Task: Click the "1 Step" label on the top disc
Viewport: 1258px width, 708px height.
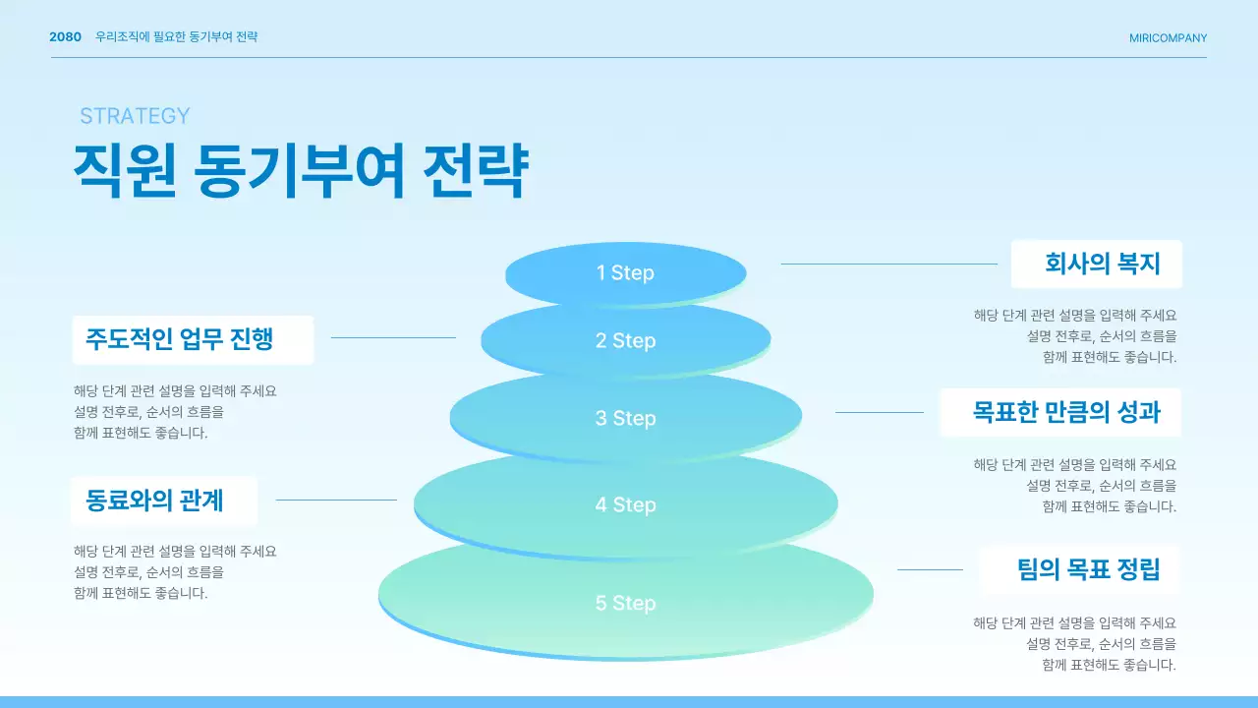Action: [x=625, y=272]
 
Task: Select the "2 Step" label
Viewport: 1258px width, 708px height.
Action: [x=625, y=340]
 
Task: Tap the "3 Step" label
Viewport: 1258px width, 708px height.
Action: [x=625, y=418]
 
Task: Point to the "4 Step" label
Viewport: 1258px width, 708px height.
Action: [x=625, y=504]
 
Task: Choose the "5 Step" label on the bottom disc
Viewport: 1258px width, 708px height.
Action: [x=625, y=603]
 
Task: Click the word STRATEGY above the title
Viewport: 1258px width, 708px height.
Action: [x=135, y=116]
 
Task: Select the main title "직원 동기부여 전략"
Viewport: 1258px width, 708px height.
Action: [x=301, y=171]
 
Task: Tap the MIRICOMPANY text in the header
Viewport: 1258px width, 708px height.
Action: [x=1168, y=38]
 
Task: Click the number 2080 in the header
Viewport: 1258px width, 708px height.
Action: [x=66, y=37]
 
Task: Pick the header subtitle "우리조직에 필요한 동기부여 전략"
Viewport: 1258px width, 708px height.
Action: [x=177, y=37]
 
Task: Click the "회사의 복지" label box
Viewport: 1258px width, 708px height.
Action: [x=1097, y=264]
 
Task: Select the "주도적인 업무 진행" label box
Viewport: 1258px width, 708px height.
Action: [x=193, y=339]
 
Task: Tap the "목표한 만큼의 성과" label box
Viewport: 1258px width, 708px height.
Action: [x=1060, y=412]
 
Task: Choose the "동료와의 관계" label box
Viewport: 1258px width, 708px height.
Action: [x=164, y=501]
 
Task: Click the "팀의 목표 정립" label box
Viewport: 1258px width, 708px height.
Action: [x=1080, y=569]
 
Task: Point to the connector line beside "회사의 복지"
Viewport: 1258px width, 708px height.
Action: [x=888, y=264]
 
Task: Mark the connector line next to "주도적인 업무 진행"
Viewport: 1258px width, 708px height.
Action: [x=393, y=337]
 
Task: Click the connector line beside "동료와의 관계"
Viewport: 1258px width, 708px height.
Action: [x=336, y=500]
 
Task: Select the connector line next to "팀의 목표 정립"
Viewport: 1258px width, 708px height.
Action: [x=930, y=569]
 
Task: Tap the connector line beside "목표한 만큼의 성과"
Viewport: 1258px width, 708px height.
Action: [x=879, y=412]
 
